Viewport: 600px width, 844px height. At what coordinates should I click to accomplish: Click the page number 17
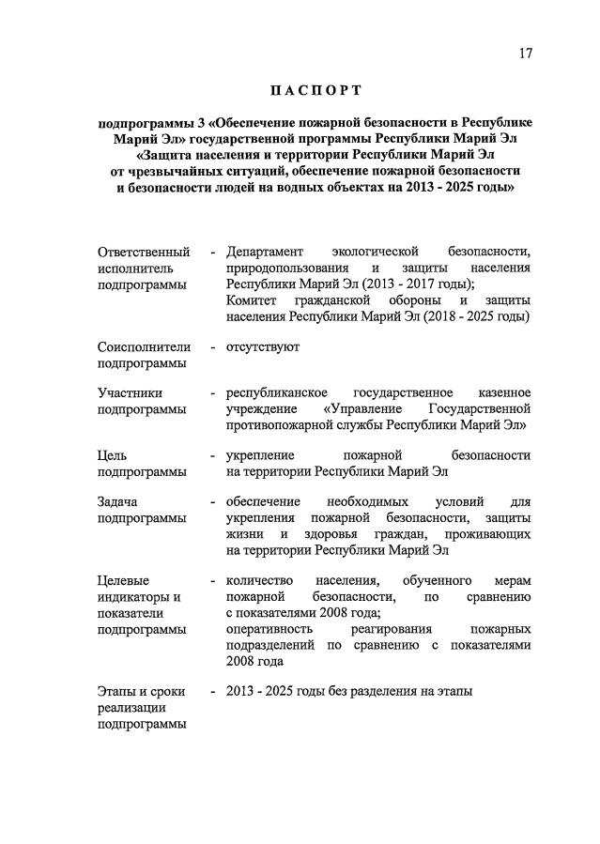[x=524, y=54]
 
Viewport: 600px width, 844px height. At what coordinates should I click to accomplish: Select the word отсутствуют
[x=262, y=346]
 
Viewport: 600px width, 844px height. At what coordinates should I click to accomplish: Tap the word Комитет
[x=255, y=299]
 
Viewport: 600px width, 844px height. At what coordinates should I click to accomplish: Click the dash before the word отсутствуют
[x=213, y=346]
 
